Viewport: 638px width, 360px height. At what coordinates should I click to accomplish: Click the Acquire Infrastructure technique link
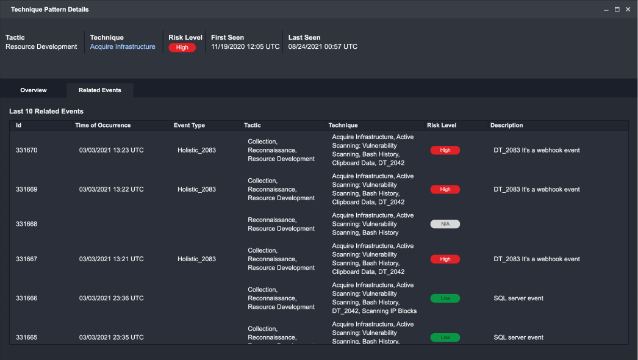[x=123, y=47]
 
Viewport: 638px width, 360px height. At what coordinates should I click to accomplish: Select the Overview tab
[x=34, y=90]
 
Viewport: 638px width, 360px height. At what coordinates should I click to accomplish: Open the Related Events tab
[x=100, y=90]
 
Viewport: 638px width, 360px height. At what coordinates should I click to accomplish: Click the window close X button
[x=628, y=10]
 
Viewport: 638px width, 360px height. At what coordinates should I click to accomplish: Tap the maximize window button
[x=617, y=10]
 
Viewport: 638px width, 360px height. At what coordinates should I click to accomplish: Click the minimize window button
[x=606, y=10]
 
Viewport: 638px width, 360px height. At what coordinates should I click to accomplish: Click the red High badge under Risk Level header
[x=182, y=48]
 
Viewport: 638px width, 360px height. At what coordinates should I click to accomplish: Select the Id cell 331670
[x=27, y=150]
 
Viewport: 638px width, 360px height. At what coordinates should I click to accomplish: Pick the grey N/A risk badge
[x=445, y=224]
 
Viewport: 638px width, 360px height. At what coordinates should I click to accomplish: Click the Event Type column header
[x=189, y=126]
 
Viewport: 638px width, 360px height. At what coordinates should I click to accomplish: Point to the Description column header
[x=506, y=126]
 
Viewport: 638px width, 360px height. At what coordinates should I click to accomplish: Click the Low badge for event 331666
[x=445, y=298]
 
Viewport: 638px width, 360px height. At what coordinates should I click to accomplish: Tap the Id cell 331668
[x=27, y=224]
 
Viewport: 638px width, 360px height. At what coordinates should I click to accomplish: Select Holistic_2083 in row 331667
[x=196, y=259]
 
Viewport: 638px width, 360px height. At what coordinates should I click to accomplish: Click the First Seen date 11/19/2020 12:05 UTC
[x=245, y=47]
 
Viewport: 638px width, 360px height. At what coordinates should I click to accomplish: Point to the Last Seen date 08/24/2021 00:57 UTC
[x=323, y=47]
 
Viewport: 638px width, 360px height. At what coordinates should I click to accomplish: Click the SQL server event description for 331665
[x=518, y=337]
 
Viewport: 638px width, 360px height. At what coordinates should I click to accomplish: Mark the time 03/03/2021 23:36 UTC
[x=112, y=298]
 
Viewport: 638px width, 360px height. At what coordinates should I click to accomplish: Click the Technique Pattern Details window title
[x=49, y=10]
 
